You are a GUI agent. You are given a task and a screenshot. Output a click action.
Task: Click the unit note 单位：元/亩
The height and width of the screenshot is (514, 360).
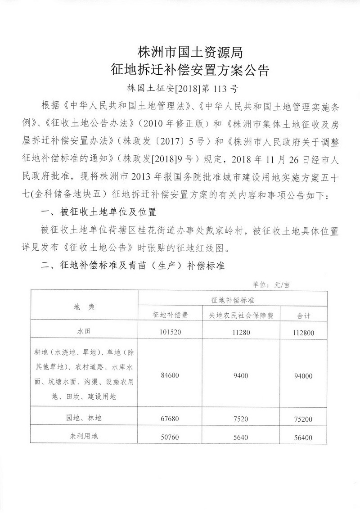(x=273, y=284)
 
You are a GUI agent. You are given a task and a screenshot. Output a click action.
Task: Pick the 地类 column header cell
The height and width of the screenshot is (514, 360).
(x=84, y=307)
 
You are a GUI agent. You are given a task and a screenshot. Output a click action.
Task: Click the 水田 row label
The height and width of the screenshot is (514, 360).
(x=84, y=333)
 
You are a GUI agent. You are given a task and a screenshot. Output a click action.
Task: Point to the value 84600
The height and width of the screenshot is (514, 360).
(x=170, y=376)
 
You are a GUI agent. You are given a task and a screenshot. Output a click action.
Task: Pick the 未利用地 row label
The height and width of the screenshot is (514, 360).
(x=84, y=436)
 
